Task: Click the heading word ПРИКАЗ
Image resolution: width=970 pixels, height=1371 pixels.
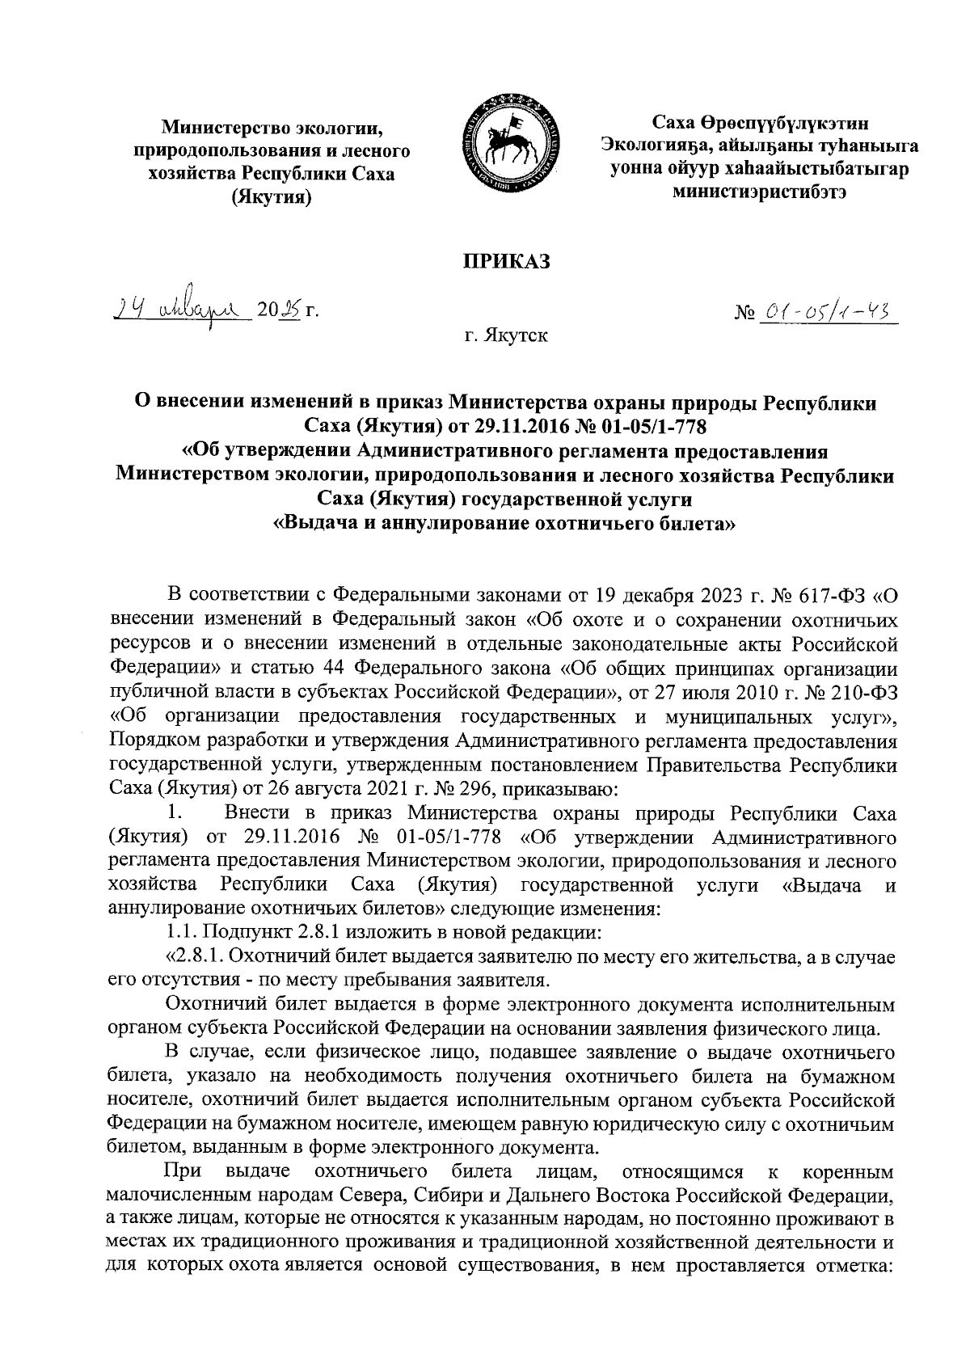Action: click(x=505, y=261)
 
